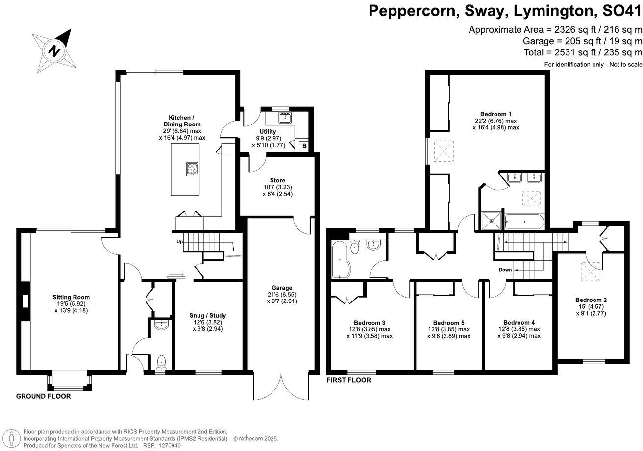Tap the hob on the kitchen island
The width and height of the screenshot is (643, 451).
pyautogui.click(x=192, y=169)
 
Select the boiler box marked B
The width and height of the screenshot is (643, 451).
pyautogui.click(x=303, y=146)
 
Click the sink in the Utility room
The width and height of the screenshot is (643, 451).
pyautogui.click(x=284, y=117)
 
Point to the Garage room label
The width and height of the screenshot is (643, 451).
pyautogui.click(x=282, y=288)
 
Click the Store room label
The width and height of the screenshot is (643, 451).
pyautogui.click(x=277, y=180)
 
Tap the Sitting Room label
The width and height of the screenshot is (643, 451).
pyautogui.click(x=72, y=297)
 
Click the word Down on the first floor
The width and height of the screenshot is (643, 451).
pyautogui.click(x=505, y=270)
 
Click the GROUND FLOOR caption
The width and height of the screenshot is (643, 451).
pyautogui.click(x=43, y=396)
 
